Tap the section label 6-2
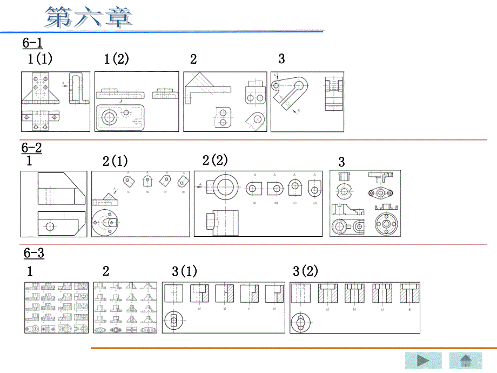pyautogui.click(x=31, y=148)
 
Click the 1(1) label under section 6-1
pyautogui.click(x=40, y=59)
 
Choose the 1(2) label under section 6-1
pyautogui.click(x=116, y=59)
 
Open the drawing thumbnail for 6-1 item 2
pyautogui.click(x=225, y=101)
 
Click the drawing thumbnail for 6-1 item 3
pyautogui.click(x=307, y=101)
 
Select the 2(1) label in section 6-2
pyautogui.click(x=115, y=161)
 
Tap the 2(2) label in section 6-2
pyautogui.click(x=215, y=160)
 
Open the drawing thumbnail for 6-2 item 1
pyautogui.click(x=53, y=203)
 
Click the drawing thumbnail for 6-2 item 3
pyautogui.click(x=365, y=203)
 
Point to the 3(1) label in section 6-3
pyautogui.click(x=184, y=271)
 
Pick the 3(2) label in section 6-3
pyautogui.click(x=305, y=271)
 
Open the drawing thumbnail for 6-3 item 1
pyautogui.click(x=57, y=307)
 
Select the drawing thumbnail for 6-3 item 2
pyautogui.click(x=125, y=307)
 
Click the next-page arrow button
pyautogui.click(x=424, y=361)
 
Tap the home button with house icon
pyautogui.click(x=466, y=361)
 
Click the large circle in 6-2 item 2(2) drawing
pyautogui.click(x=225, y=187)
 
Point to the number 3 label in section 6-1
pyautogui.click(x=281, y=58)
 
